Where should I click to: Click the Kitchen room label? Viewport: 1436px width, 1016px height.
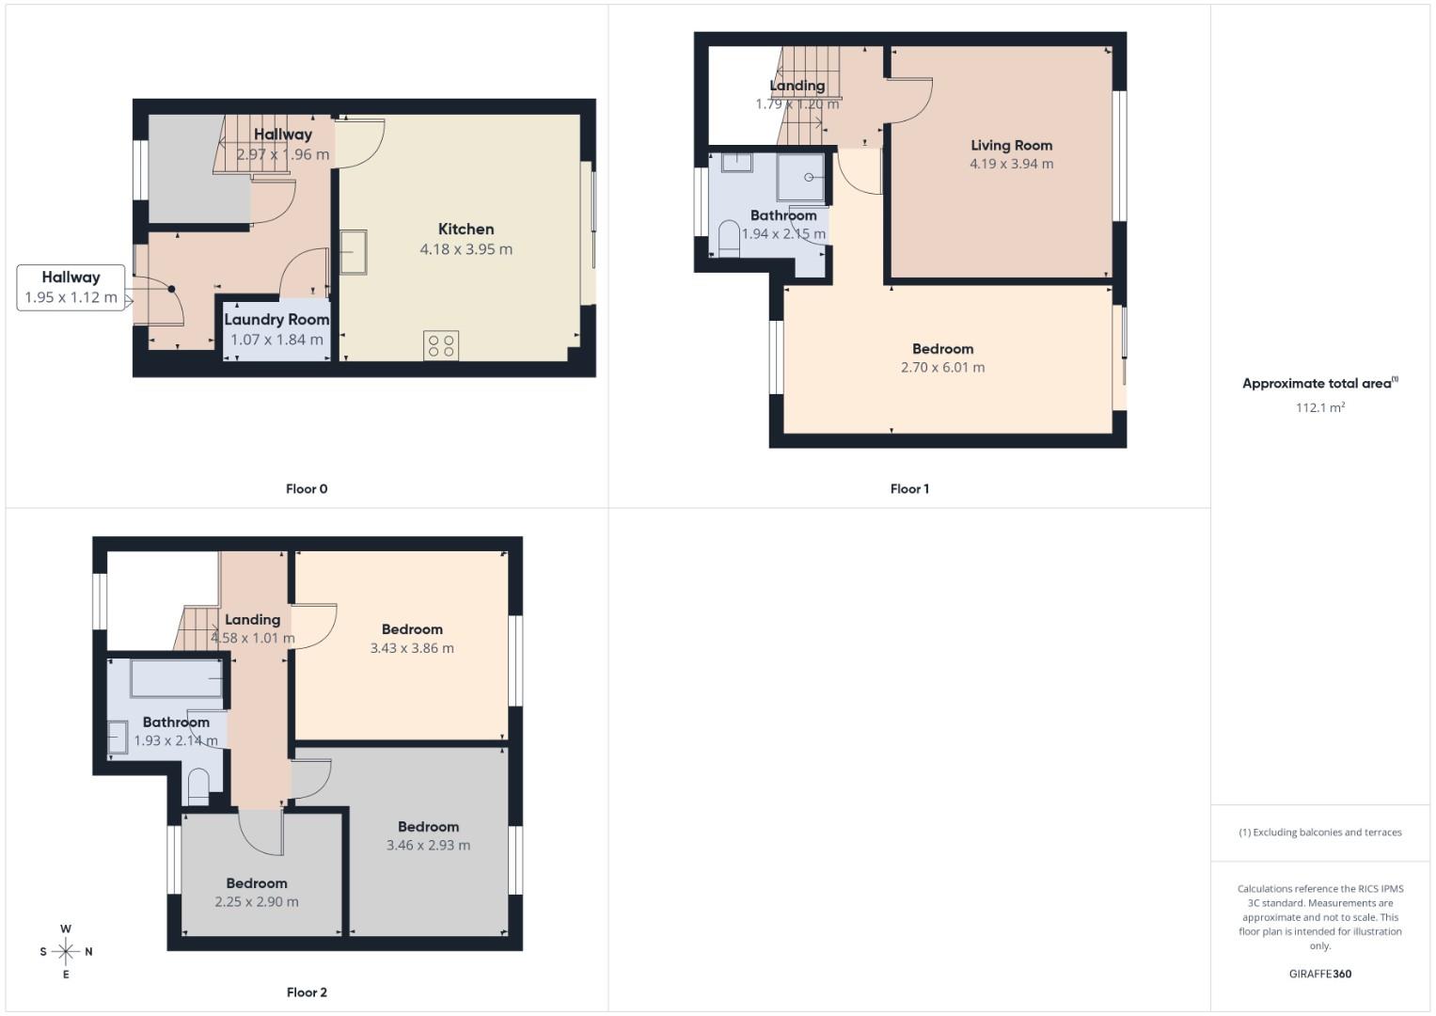[466, 230]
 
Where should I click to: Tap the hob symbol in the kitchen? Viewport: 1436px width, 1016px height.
[441, 345]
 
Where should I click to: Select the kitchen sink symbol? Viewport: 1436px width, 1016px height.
[354, 252]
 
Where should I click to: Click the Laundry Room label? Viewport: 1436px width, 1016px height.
[276, 320]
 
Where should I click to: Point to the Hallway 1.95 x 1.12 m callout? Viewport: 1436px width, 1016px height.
[71, 287]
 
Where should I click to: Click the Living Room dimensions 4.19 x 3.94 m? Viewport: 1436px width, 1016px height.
[1011, 164]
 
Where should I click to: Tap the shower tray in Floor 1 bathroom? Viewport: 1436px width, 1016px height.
[800, 177]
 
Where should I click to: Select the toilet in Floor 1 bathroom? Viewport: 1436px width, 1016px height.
[729, 239]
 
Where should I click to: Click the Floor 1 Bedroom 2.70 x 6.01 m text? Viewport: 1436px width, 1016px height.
[942, 368]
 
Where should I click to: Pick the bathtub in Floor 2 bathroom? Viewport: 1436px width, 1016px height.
[177, 678]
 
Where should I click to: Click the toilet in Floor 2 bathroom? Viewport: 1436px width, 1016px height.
[198, 787]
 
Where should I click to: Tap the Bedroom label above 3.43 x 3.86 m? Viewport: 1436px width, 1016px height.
[412, 629]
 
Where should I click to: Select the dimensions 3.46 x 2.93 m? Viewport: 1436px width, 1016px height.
[428, 846]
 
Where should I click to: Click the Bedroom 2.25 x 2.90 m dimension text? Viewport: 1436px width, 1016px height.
[256, 902]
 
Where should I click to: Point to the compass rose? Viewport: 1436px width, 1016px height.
[66, 951]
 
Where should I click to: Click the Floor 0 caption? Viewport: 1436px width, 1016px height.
[307, 489]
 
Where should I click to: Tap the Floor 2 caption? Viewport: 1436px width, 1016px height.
[307, 992]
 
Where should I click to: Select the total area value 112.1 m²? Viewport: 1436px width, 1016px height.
[1319, 407]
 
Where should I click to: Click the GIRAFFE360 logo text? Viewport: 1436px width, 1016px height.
[1319, 974]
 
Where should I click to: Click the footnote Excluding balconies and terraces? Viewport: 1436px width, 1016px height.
[1319, 833]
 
